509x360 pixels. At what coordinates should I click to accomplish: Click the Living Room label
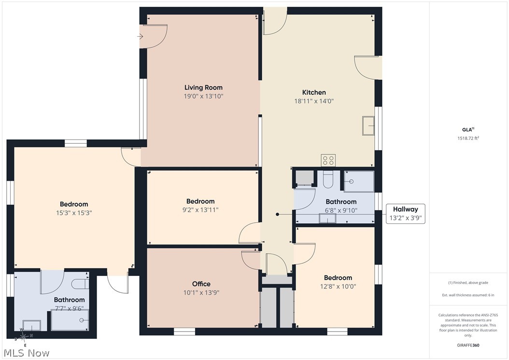pyautogui.click(x=203, y=87)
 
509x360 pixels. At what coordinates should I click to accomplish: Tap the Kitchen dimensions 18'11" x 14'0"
pyautogui.click(x=314, y=101)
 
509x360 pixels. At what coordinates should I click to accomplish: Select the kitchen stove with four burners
pyautogui.click(x=328, y=160)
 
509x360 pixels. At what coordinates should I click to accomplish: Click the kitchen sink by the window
pyautogui.click(x=368, y=126)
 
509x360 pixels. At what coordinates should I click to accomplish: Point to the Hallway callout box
pyautogui.click(x=406, y=214)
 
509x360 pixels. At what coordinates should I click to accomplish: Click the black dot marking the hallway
pyautogui.click(x=278, y=215)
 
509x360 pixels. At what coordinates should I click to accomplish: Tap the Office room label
pyautogui.click(x=201, y=284)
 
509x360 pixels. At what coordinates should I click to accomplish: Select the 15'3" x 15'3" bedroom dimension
pyautogui.click(x=74, y=213)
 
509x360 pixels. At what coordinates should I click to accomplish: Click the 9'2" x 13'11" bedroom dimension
pyautogui.click(x=200, y=210)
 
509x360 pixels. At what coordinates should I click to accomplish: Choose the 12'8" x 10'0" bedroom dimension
pyautogui.click(x=338, y=287)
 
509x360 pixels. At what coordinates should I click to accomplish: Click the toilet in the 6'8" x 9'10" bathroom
pyautogui.click(x=328, y=180)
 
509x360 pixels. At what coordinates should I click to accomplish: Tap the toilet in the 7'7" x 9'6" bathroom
pyautogui.click(x=80, y=284)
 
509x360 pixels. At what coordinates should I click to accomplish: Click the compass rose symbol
pyautogui.click(x=24, y=337)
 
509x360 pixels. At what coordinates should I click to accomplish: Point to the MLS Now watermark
pyautogui.click(x=27, y=353)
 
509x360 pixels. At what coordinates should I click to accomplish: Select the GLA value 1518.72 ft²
pyautogui.click(x=468, y=138)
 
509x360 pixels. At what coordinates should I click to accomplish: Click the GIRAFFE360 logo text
pyautogui.click(x=468, y=345)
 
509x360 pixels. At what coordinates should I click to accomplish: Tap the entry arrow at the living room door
pyautogui.click(x=140, y=36)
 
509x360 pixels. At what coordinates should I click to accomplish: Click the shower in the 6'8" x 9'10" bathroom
pyautogui.click(x=359, y=181)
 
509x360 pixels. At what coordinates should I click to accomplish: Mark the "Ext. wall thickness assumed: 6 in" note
pyautogui.click(x=468, y=295)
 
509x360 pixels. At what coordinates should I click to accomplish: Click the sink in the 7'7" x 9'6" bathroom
pyautogui.click(x=32, y=325)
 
